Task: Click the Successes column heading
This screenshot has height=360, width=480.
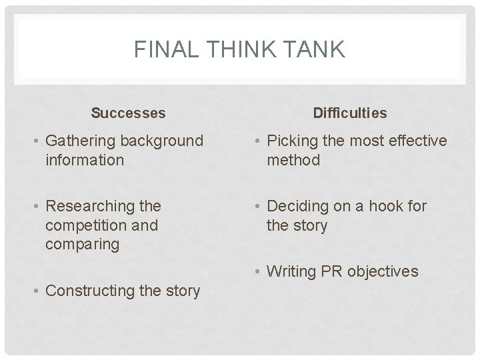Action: [128, 113]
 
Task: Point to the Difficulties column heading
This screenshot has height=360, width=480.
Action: [350, 113]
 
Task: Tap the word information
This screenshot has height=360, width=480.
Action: [85, 160]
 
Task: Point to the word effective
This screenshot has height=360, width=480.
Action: [415, 141]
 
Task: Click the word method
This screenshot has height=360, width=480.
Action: [293, 160]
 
